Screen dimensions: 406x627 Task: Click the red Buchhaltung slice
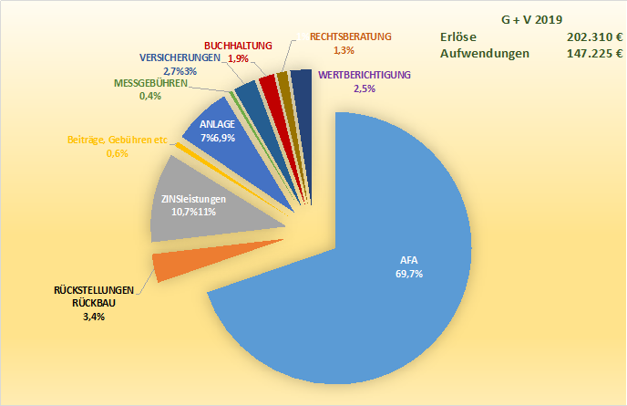coord(267,87)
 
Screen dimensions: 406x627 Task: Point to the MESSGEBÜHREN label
coord(150,83)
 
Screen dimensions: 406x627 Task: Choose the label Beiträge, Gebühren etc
coord(118,140)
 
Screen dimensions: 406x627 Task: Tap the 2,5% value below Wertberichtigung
coord(363,88)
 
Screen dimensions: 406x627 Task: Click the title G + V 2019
coord(532,19)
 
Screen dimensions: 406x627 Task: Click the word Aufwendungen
coord(485,54)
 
